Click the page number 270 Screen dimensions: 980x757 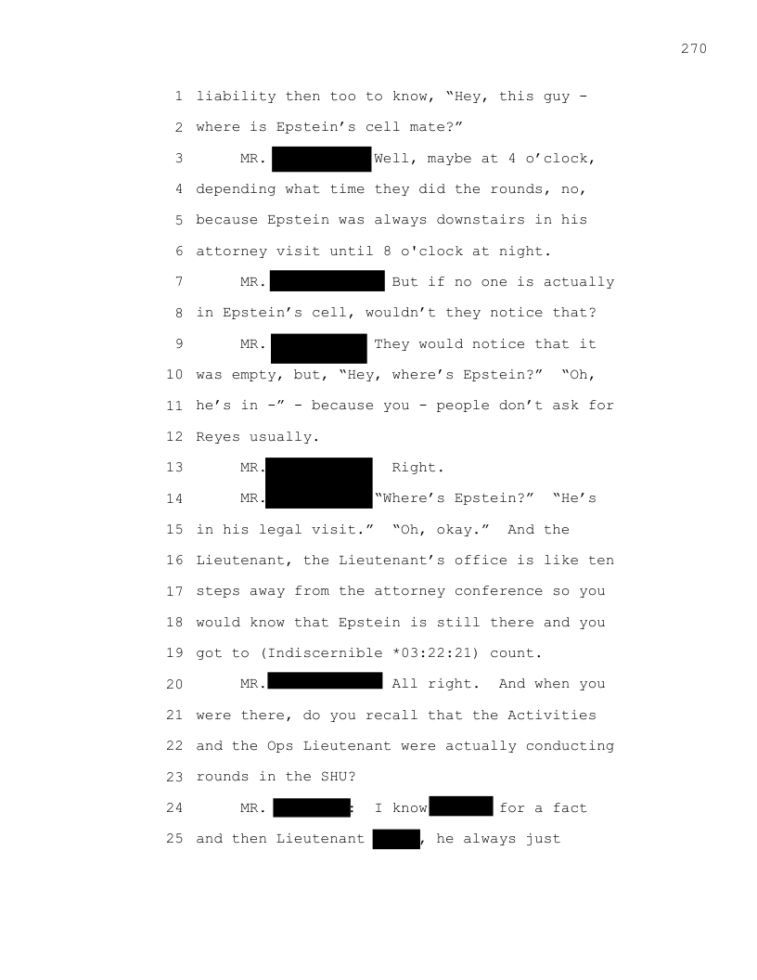pos(693,48)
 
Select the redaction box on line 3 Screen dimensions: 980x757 pos(321,159)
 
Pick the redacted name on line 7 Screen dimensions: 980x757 pos(327,281)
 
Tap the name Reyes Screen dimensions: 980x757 pos(218,436)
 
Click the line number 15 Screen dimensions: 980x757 pos(175,530)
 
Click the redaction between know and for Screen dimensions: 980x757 pos(461,806)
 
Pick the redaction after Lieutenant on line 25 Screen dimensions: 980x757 pos(396,839)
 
